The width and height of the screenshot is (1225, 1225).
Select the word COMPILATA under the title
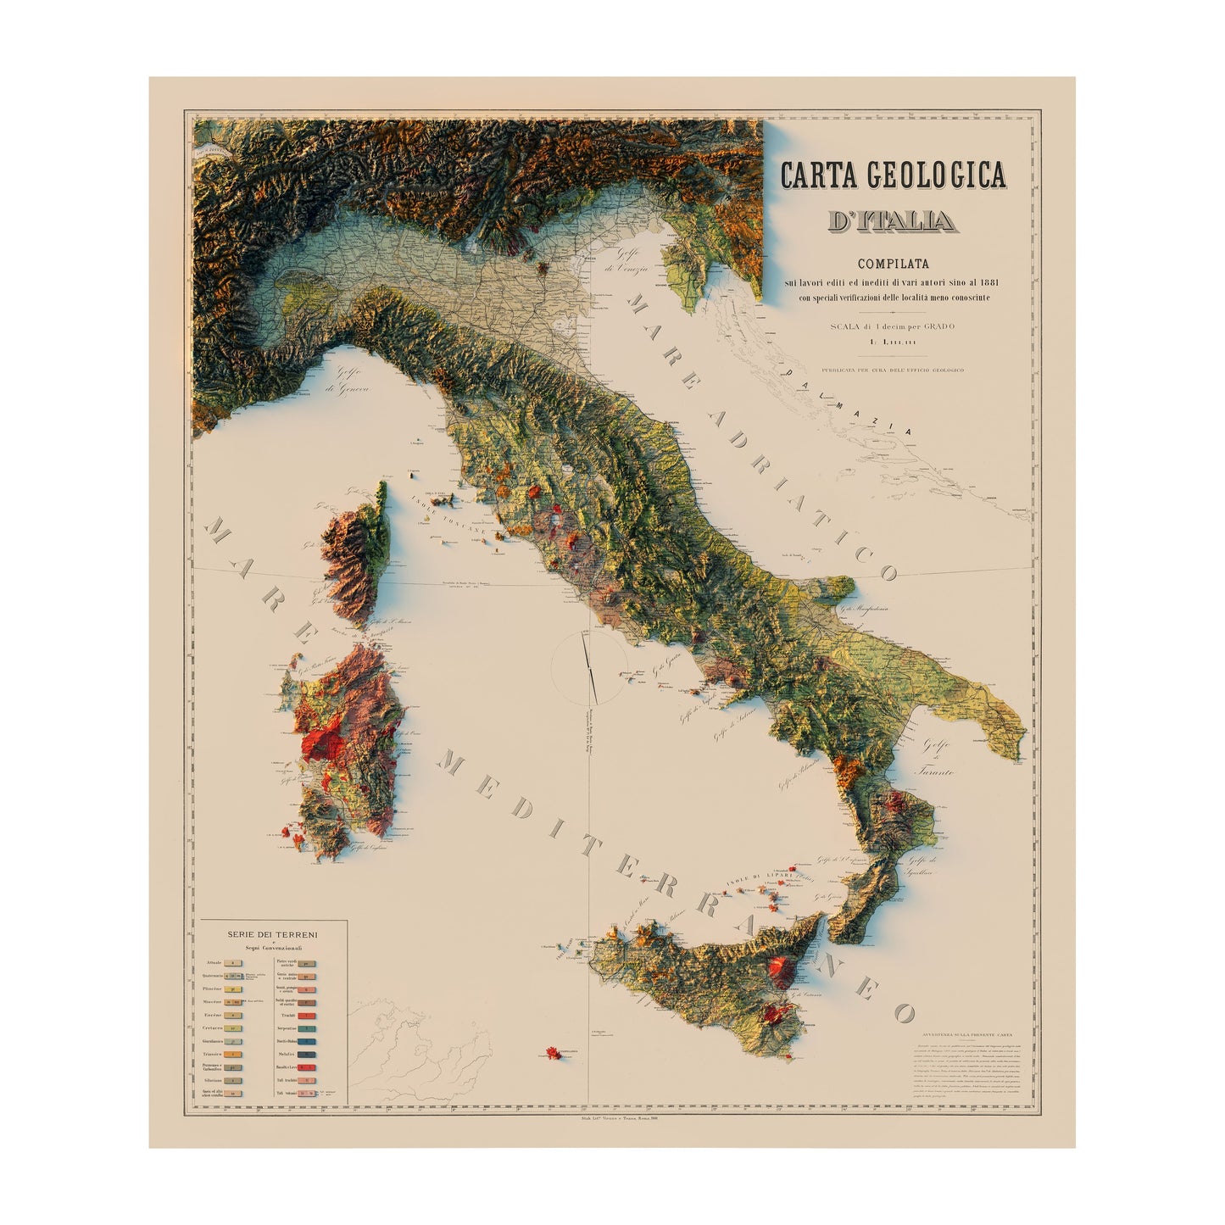click(889, 264)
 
